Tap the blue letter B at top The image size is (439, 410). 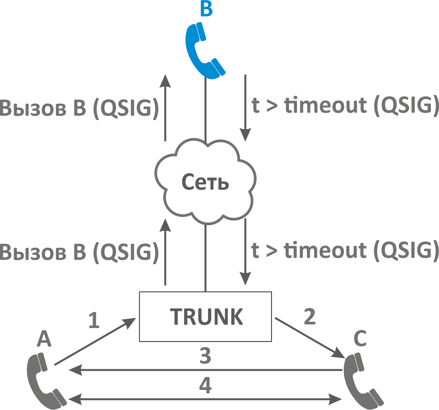206,9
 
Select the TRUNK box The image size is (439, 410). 205,316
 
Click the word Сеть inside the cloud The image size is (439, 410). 205,183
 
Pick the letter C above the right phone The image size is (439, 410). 360,338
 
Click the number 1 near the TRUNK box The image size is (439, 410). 94,320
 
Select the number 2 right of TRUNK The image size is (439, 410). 310,316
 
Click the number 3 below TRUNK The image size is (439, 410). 205,356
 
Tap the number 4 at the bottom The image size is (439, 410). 205,385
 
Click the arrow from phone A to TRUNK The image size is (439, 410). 95,341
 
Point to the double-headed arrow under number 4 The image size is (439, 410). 205,399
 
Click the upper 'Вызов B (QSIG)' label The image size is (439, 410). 79,108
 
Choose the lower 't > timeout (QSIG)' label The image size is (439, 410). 345,250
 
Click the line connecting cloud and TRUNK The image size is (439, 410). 205,258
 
